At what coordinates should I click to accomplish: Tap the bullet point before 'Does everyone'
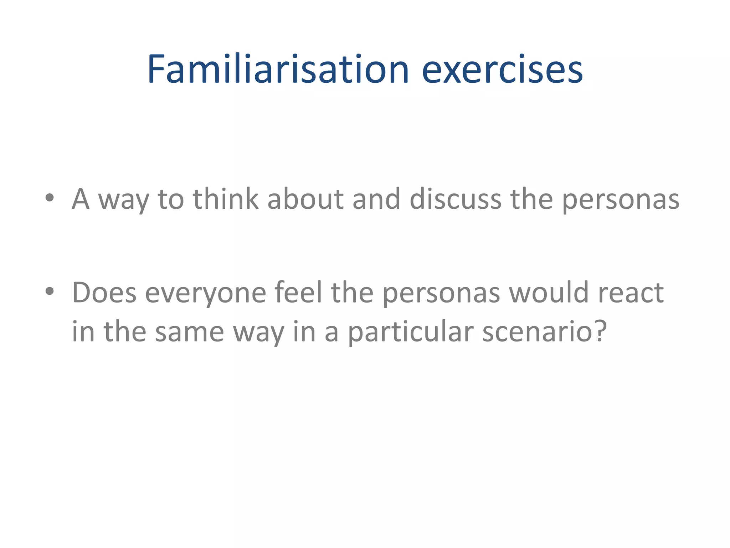50,291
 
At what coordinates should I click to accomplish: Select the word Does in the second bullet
104,293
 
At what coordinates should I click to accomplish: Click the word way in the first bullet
123,202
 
